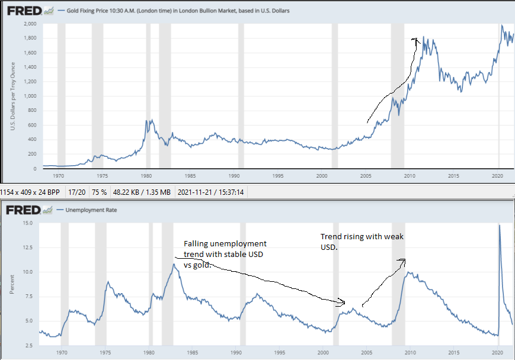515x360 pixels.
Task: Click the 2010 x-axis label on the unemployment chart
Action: point(409,352)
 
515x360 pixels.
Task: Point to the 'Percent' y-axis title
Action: point(12,284)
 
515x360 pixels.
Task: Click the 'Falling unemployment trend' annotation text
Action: point(225,254)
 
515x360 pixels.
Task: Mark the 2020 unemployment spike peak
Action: point(499,225)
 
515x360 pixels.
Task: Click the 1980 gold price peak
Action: point(149,120)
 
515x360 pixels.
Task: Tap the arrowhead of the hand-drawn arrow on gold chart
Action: point(416,40)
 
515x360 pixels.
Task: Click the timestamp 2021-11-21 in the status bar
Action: point(204,192)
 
